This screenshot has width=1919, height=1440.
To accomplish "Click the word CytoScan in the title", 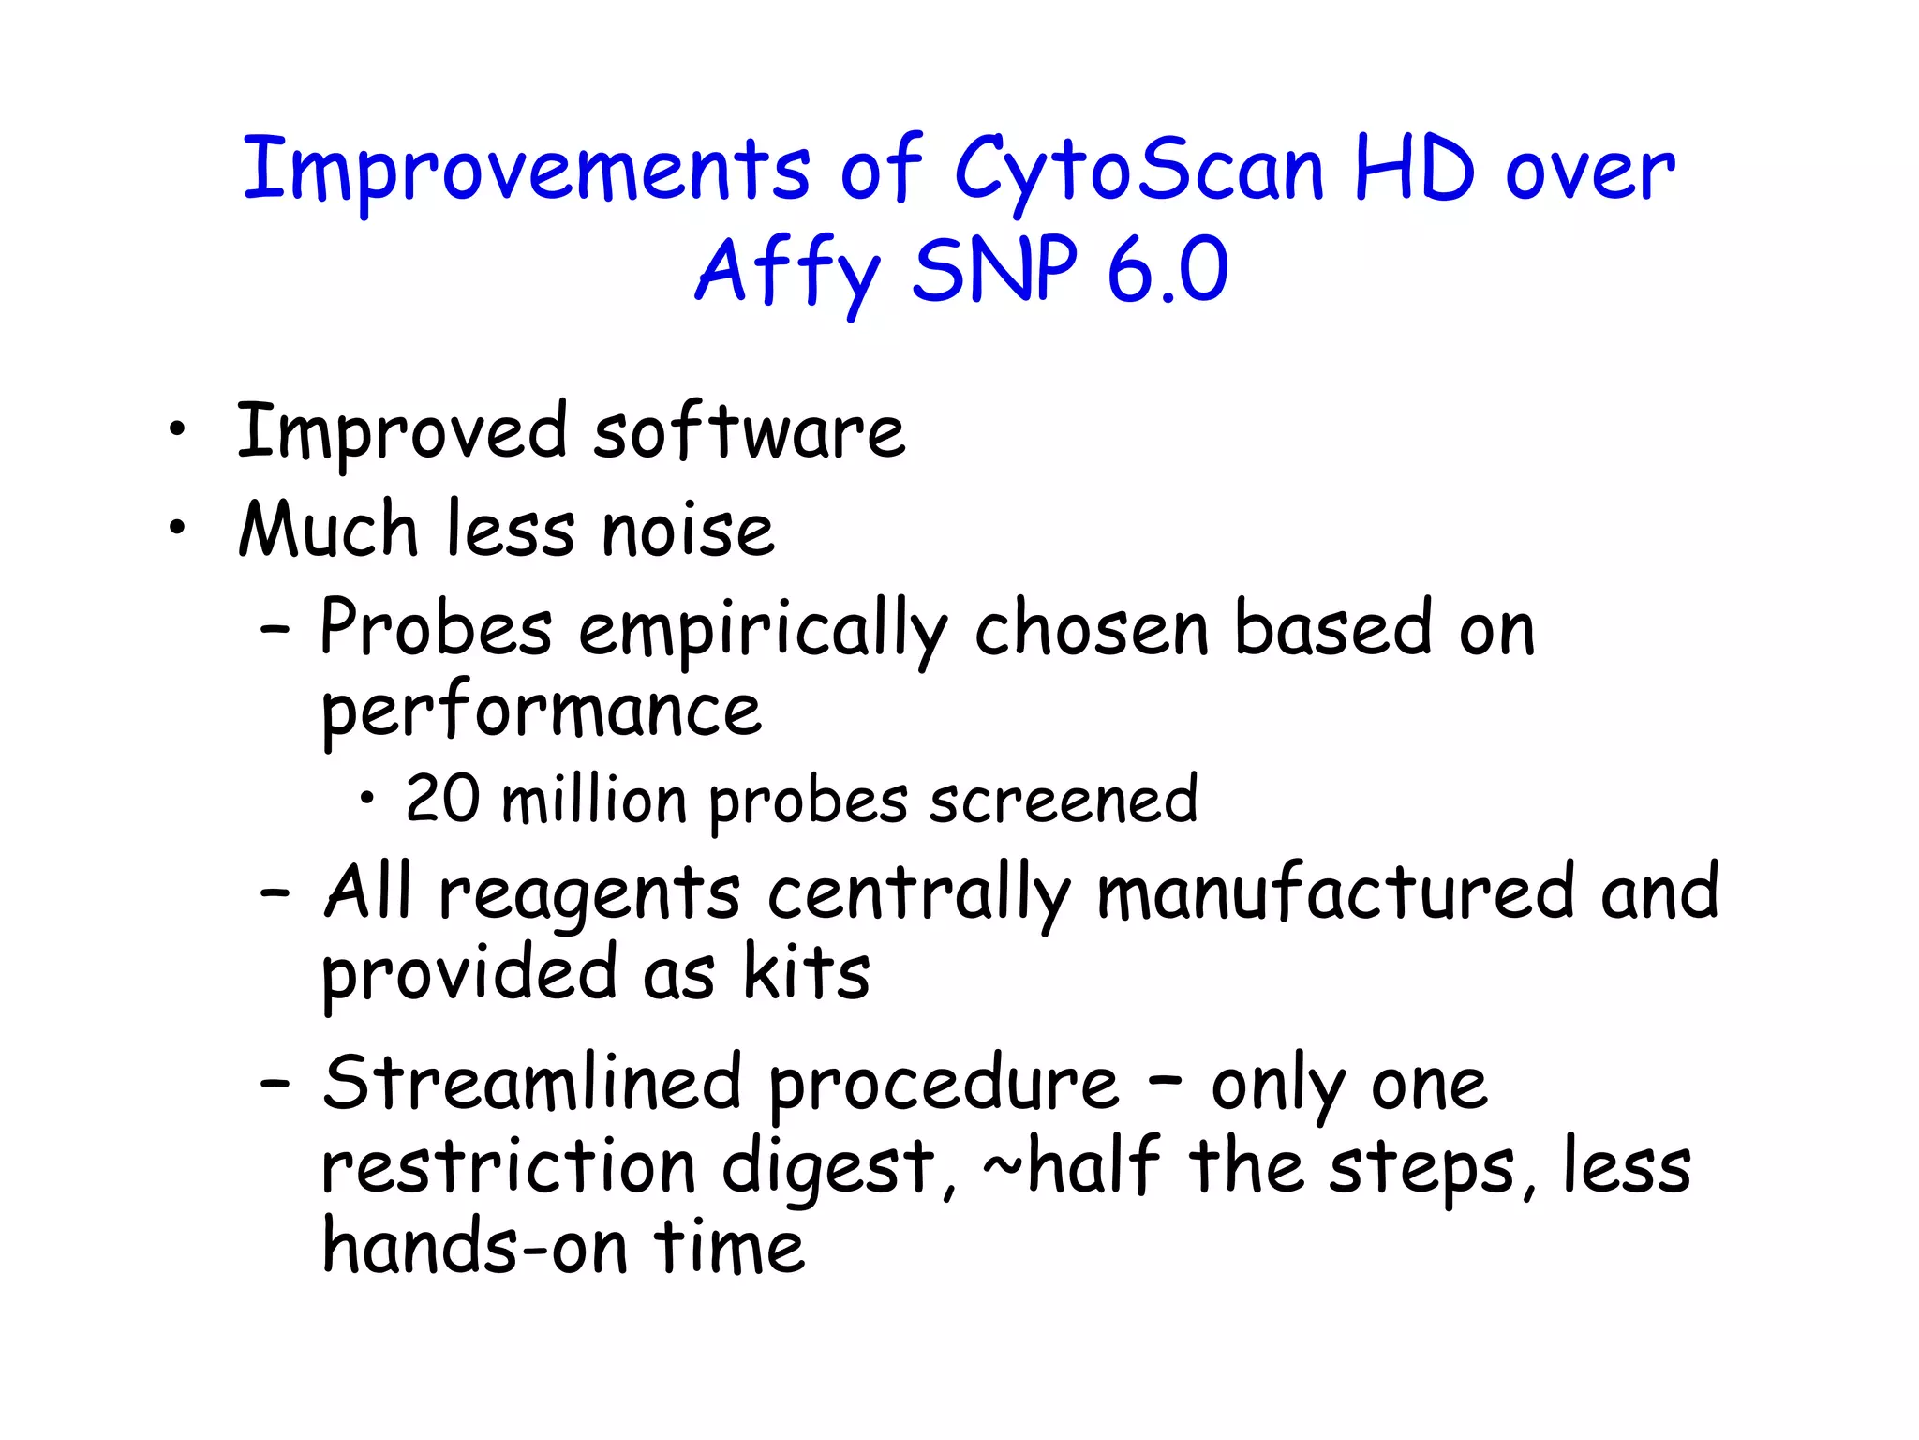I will click(1138, 171).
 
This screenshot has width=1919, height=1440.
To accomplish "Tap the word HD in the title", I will click(1415, 171).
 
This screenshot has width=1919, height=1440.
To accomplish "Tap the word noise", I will click(688, 531).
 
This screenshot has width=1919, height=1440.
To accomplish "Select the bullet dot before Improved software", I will click(176, 430).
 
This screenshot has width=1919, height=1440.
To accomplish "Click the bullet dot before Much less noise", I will click(176, 528).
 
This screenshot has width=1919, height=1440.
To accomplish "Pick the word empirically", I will click(763, 631).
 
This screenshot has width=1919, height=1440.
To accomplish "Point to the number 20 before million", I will click(442, 800).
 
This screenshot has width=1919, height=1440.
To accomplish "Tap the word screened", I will click(1064, 802).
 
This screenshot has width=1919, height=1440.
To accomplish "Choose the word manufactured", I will click(1336, 892).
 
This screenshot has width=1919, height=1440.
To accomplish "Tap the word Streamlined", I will click(532, 1084).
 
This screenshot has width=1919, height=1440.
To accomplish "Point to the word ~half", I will click(1071, 1166).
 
